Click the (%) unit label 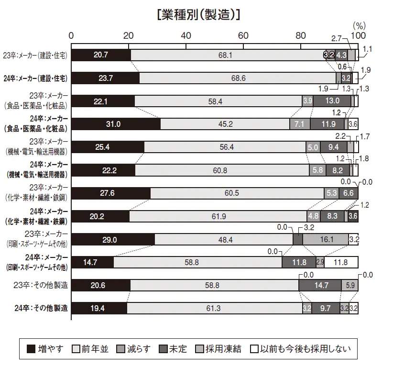(359, 25)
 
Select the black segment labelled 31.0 (116, 124)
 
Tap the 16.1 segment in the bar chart (326, 239)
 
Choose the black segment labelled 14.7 (92, 262)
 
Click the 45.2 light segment (225, 124)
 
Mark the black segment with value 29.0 (113, 239)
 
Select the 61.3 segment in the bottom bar (214, 308)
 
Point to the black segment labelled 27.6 (111, 193)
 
